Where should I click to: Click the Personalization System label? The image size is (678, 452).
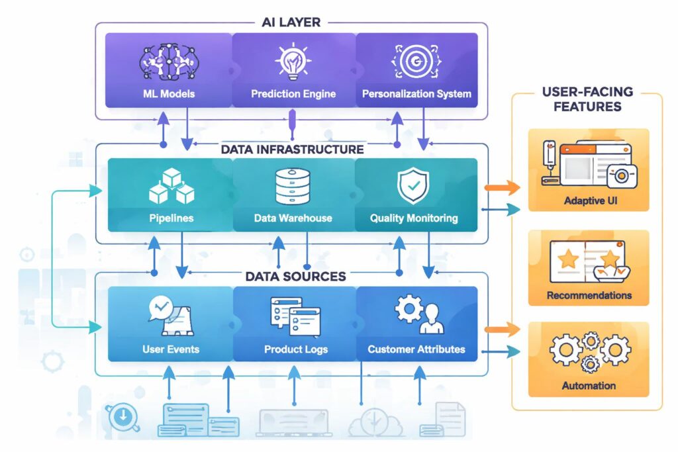coord(416,94)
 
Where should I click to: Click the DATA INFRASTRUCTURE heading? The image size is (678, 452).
coord(293,150)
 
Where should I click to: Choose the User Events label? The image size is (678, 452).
coord(170,349)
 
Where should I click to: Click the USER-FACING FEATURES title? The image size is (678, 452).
coord(587,99)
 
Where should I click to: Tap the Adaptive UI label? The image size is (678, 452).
coord(588,201)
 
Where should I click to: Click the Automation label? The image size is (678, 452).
coord(588,385)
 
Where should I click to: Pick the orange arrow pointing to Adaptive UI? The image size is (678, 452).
coord(503,188)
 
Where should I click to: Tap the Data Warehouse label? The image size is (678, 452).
coord(293,218)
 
